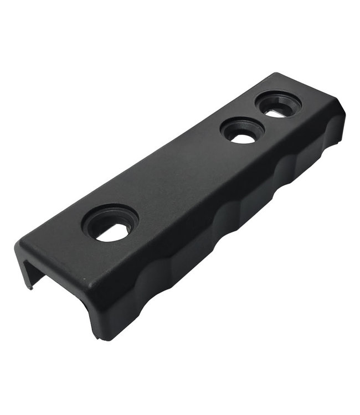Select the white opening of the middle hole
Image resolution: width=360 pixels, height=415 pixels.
[x=243, y=138]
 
